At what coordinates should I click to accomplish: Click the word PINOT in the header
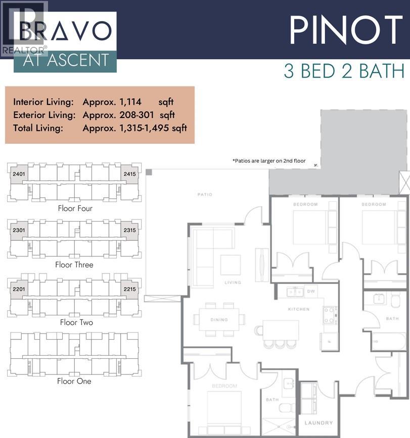[x=349, y=30]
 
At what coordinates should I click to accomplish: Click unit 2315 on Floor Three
[x=129, y=231]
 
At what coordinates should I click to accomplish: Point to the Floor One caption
[x=74, y=381]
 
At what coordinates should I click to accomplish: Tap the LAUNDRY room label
[x=318, y=422]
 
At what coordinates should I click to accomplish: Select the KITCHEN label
[x=298, y=309]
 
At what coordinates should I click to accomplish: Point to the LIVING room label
[x=233, y=283]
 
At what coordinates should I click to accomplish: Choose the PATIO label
[x=205, y=194]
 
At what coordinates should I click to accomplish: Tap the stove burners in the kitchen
[x=329, y=315]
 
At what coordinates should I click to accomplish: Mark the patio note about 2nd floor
[x=269, y=160]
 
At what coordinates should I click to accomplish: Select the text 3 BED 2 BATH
[x=344, y=71]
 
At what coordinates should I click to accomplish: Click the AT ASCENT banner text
[x=66, y=61]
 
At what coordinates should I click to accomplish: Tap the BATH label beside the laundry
[x=272, y=400]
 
